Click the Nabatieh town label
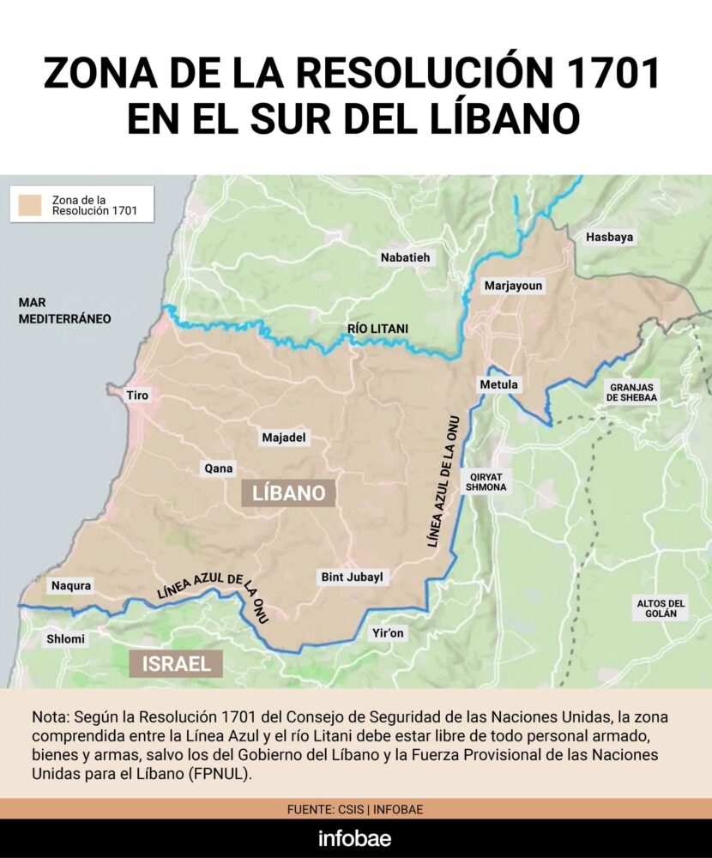[406, 257]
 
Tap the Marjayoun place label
[513, 286]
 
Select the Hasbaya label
[608, 238]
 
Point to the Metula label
[499, 384]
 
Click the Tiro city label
[137, 396]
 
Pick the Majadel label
[285, 438]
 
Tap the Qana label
[217, 468]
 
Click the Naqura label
[71, 585]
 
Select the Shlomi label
[65, 638]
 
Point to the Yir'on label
[389, 633]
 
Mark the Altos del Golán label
[661, 608]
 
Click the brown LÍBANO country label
[288, 493]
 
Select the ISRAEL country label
[176, 663]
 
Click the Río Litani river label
[377, 329]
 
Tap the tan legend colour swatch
[32, 204]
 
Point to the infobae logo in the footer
[356, 838]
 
